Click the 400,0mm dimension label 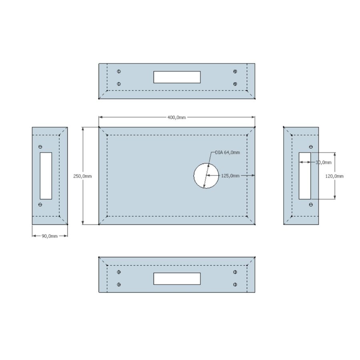(176, 117)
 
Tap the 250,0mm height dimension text (83, 176)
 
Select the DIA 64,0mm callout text (228, 152)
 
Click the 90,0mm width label (50, 236)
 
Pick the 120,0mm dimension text (335, 176)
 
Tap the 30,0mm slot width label (323, 162)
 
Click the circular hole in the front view (206, 176)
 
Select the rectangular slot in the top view (177, 77)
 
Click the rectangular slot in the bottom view (177, 279)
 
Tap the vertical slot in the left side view (46, 176)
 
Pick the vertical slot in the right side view (305, 176)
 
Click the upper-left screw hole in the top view (119, 71)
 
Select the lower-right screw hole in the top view (235, 84)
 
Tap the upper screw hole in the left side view (40, 147)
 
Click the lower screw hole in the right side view (311, 204)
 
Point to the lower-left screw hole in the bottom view (119, 284)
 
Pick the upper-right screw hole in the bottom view (235, 272)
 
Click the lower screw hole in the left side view (40, 204)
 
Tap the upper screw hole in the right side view (311, 147)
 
